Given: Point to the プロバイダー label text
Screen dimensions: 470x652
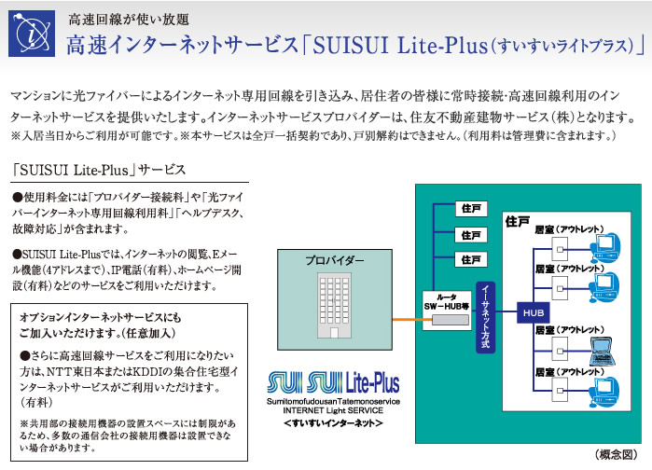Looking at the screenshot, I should [x=333, y=261].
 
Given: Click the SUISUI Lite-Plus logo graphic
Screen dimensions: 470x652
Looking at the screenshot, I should [x=333, y=381].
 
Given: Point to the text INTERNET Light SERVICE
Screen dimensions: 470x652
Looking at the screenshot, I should [x=333, y=409].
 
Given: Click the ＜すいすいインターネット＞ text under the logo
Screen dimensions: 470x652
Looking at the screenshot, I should [x=333, y=422].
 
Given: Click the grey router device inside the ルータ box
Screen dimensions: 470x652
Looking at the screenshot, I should [x=446, y=320].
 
